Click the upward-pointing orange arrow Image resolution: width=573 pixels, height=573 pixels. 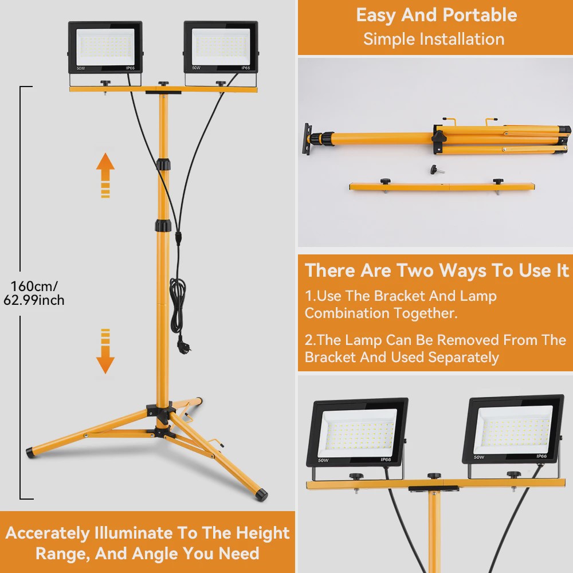point(105,175)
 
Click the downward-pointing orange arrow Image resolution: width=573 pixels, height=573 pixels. point(105,351)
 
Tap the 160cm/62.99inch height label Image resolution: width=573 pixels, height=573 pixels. point(34,293)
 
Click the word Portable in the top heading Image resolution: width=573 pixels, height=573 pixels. point(480,15)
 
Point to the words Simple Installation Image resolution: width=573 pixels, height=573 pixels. point(434,39)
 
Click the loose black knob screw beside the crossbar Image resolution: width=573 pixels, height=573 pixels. point(437,170)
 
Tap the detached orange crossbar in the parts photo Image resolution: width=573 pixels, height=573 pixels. point(442,187)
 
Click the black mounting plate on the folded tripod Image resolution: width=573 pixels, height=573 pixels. point(307,139)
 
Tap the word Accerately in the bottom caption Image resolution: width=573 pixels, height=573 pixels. point(48,533)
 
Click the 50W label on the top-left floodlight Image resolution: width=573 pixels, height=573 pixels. point(80,68)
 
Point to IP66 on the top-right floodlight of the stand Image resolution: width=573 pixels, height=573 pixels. point(246,68)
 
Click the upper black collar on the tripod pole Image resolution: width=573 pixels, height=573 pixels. point(163,164)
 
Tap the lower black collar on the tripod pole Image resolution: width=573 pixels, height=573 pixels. point(163,225)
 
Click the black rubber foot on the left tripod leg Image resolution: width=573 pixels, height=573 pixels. point(32,453)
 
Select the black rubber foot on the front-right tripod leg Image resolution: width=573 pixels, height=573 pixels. point(262,495)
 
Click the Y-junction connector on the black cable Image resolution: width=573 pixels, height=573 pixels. point(178,238)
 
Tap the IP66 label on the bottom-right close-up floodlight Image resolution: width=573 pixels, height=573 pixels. point(541,456)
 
